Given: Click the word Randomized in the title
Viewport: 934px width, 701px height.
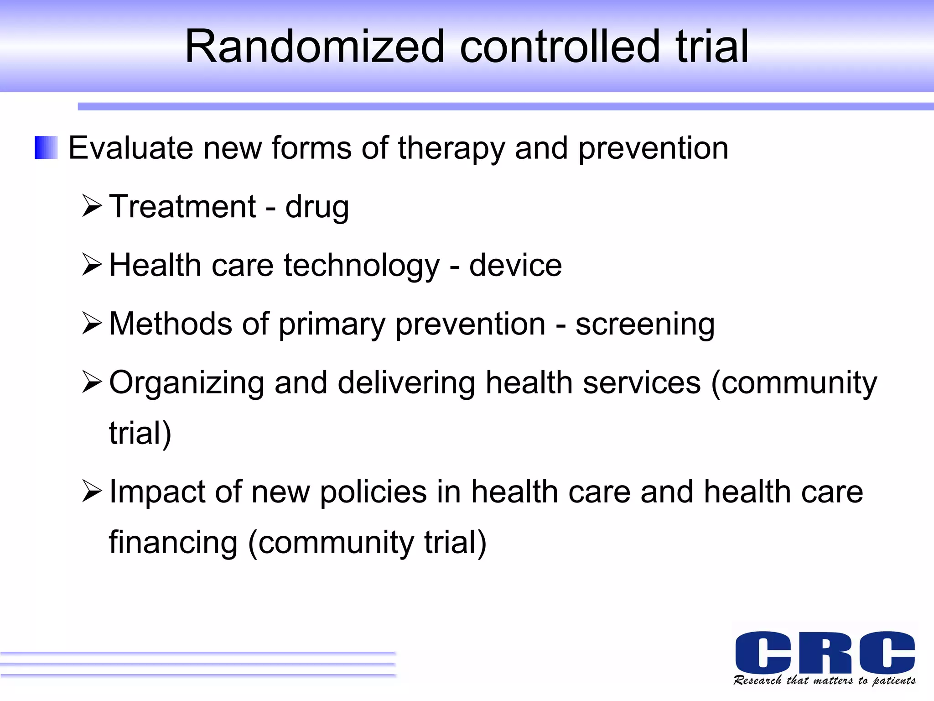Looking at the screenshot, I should coord(314,47).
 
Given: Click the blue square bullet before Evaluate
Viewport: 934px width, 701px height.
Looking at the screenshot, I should coord(46,148).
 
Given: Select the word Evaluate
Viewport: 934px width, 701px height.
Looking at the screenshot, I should coord(130,148).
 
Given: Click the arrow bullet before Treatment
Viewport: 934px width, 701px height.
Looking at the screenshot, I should coord(92,206).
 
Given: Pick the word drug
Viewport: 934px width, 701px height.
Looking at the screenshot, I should coord(317,208).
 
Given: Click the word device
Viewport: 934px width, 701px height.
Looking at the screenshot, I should coord(515,266).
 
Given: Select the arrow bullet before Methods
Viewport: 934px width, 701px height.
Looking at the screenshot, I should coord(92,324).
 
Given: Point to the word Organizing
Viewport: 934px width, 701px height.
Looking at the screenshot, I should coord(186,384).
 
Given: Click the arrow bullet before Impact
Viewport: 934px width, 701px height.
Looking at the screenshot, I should coord(92,492).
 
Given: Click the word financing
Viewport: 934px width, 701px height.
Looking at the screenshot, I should coord(173,543).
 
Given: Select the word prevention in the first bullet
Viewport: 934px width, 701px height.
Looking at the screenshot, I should coord(653,149).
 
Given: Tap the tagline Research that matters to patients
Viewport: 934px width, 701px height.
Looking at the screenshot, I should coord(825,681).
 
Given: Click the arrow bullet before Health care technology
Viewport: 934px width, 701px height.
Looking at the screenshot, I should coord(92,265).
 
